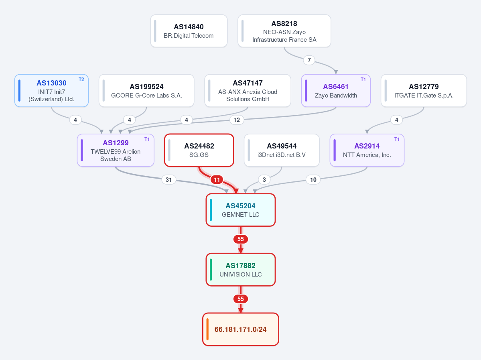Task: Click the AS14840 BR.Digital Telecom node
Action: [x=189, y=31]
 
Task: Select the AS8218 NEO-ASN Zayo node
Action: [x=284, y=31]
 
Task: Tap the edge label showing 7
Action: [x=309, y=60]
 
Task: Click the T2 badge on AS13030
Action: [x=81, y=79]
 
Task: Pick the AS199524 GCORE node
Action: [x=147, y=91]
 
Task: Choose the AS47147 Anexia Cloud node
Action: [x=248, y=91]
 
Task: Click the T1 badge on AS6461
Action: [x=363, y=79]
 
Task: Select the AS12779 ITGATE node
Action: [x=424, y=91]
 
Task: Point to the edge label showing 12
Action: [x=237, y=120]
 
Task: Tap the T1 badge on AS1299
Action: [x=147, y=139]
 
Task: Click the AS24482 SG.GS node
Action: [x=199, y=151]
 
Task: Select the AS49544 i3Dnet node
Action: [x=282, y=151]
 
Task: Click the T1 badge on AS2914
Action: [x=397, y=139]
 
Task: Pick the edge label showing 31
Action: [x=169, y=180]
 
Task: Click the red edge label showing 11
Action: [x=217, y=180]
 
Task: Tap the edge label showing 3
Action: [x=264, y=180]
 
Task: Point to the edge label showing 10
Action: [x=313, y=180]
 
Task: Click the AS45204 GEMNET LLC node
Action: [x=241, y=210]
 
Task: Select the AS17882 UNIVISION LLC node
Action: [x=241, y=270]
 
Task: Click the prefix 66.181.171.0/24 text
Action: [x=241, y=329]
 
